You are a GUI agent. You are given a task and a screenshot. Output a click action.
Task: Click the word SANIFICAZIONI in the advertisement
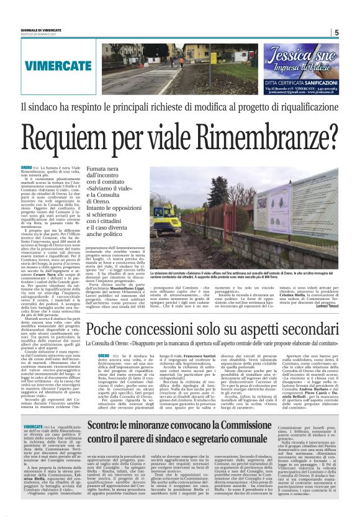point(317,81)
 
